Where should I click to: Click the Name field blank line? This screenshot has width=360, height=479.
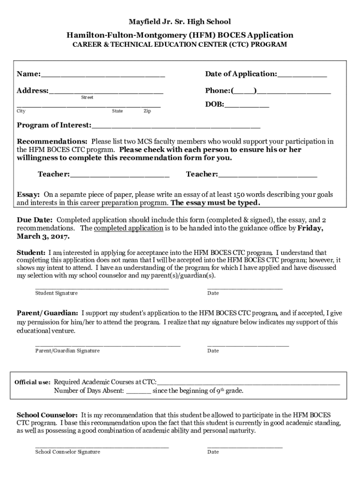103,75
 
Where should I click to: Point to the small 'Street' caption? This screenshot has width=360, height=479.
87,97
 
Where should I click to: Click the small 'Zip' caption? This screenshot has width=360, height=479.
147,111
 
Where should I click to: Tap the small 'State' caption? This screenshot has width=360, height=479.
117,111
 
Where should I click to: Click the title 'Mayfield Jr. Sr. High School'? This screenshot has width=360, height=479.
180,22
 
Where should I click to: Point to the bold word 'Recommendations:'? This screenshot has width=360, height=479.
52,141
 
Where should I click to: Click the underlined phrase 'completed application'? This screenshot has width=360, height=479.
129,228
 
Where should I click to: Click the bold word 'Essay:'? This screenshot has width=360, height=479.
29,194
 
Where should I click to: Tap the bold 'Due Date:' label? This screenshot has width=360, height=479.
35,220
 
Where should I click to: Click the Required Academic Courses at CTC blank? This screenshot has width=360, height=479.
248,383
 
